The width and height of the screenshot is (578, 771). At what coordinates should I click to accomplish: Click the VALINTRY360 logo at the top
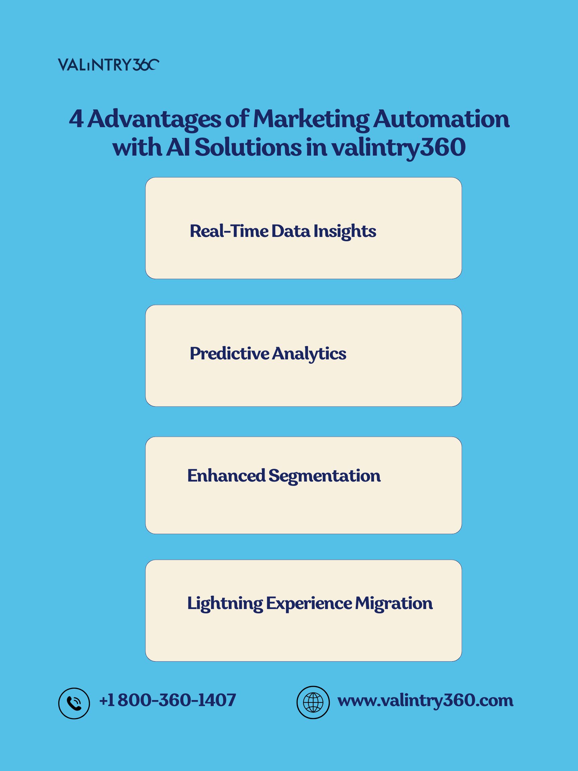click(108, 65)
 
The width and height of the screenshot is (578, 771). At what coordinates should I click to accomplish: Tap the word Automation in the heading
click(442, 119)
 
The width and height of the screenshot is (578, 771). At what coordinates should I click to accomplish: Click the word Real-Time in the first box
click(229, 231)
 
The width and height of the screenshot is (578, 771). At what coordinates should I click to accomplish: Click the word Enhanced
click(226, 476)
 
